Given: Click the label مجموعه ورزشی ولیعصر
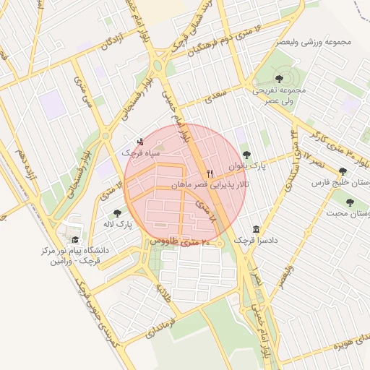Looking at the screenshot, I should pos(314,41).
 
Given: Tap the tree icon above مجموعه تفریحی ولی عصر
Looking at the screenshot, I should pos(279,75).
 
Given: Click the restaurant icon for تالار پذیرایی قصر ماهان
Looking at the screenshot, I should pos(210,173).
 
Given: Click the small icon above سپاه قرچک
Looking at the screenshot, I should pos(140,142).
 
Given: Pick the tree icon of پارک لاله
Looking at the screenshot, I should pos(118,213).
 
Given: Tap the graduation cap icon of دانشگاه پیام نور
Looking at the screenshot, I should pos(74,240).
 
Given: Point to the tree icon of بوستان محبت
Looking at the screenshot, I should pos(350,202).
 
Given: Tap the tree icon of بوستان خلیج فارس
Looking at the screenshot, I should pos(343,171).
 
